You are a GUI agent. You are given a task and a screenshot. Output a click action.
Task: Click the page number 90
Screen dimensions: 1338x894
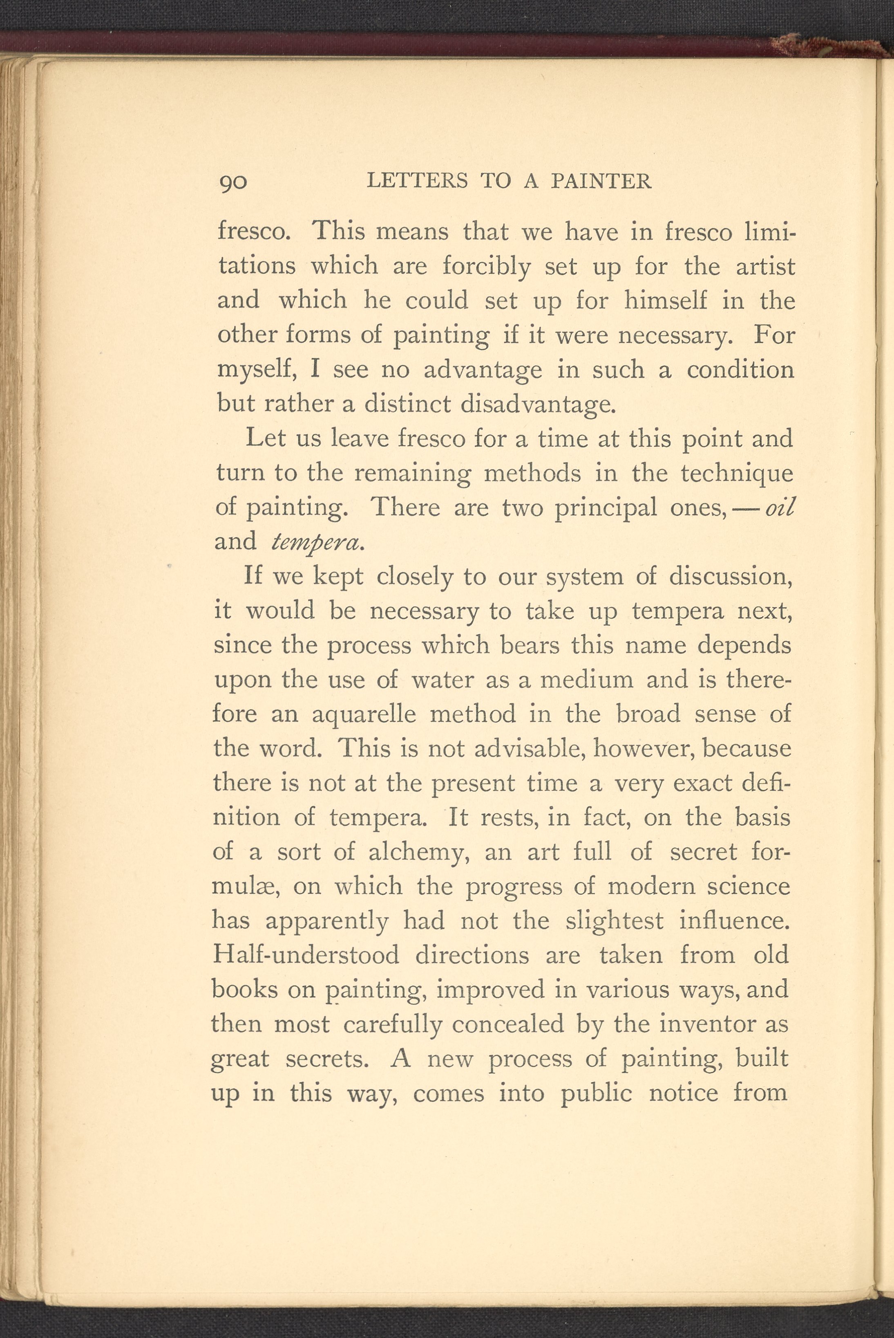[233, 182]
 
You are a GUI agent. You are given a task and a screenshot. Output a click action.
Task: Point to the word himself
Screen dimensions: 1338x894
[665, 300]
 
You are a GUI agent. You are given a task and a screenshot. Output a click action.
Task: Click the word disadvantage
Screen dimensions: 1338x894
[538, 404]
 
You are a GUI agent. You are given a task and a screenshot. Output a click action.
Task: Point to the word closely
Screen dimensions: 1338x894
[414, 577]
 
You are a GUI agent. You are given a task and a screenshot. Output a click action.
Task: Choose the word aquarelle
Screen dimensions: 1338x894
[364, 714]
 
